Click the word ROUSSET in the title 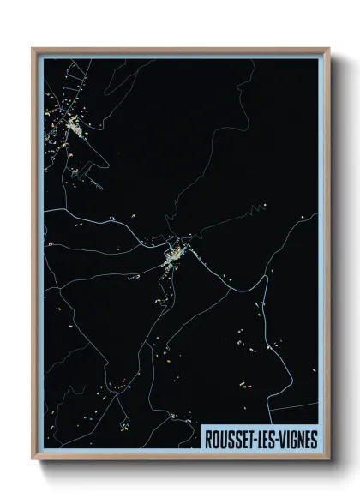click(x=229, y=440)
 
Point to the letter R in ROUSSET click(x=208, y=440)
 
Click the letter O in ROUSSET click(x=215, y=440)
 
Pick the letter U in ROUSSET click(x=223, y=440)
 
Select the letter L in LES click(x=261, y=440)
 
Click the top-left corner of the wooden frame click(x=33, y=50)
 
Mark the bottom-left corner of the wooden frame click(x=33, y=459)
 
